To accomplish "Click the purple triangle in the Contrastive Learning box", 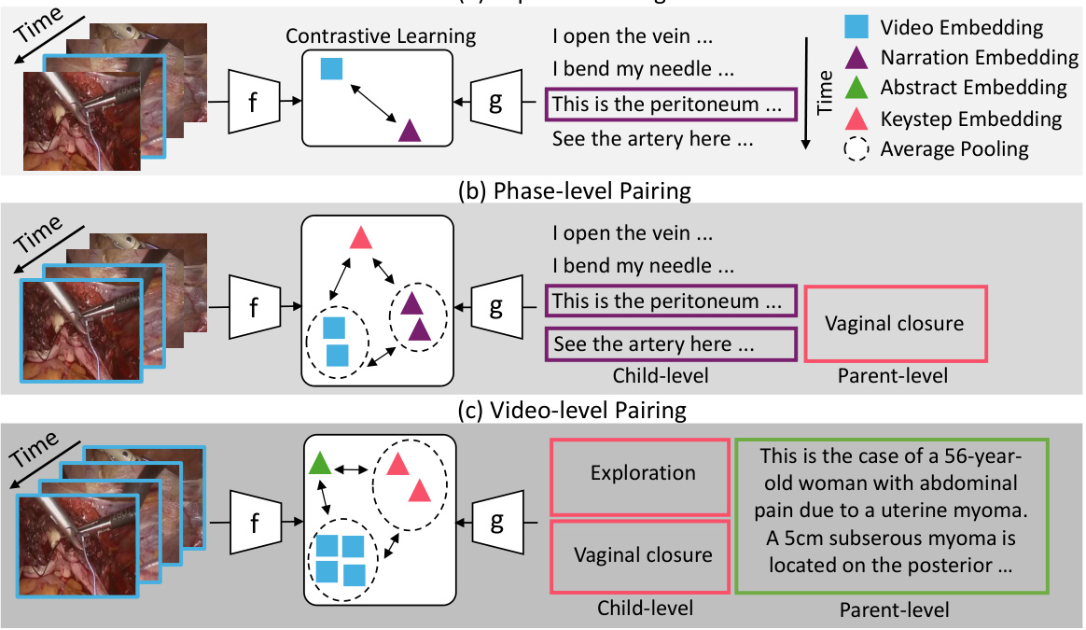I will coord(410,131).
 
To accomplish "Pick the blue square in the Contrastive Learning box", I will coord(330,68).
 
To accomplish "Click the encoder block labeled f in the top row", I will coord(253,101).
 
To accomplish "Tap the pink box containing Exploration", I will coord(642,473).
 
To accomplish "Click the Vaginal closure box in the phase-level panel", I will coord(895,324).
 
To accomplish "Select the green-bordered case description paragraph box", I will coord(893,516).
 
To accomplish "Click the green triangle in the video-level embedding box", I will coord(319,462).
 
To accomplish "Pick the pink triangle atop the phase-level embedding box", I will coord(360,237).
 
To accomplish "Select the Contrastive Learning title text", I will coord(381,36).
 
